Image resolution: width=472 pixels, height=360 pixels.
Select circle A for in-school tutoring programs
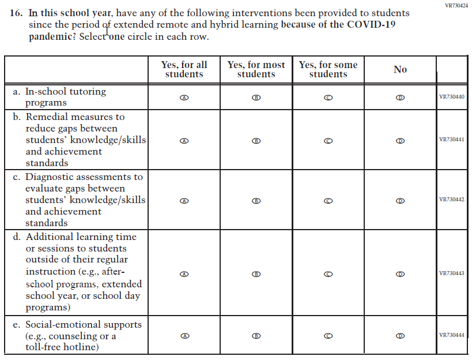click(184, 97)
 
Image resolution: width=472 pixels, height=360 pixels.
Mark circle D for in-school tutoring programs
click(400, 97)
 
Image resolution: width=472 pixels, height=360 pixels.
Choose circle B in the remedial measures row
click(256, 140)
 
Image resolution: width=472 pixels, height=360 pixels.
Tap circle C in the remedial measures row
click(328, 140)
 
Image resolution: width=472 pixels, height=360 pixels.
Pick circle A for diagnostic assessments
click(184, 200)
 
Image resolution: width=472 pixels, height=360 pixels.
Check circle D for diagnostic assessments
click(400, 200)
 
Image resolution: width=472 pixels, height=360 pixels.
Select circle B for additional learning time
click(256, 274)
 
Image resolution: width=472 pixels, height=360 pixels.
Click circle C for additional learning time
click(328, 274)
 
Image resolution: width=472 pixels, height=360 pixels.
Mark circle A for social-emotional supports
click(184, 335)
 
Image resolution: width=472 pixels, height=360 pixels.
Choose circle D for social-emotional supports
click(400, 335)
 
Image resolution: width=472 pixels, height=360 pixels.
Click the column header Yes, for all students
click(184, 69)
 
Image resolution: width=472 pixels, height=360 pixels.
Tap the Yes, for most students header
click(256, 69)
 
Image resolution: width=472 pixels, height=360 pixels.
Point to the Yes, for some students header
click(328, 69)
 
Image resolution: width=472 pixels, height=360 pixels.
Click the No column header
click(400, 69)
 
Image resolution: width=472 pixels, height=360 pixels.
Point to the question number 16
click(18, 13)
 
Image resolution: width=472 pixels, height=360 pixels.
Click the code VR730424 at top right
click(456, 5)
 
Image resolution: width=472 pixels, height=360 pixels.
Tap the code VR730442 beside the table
click(451, 200)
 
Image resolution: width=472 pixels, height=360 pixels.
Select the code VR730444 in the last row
click(451, 335)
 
